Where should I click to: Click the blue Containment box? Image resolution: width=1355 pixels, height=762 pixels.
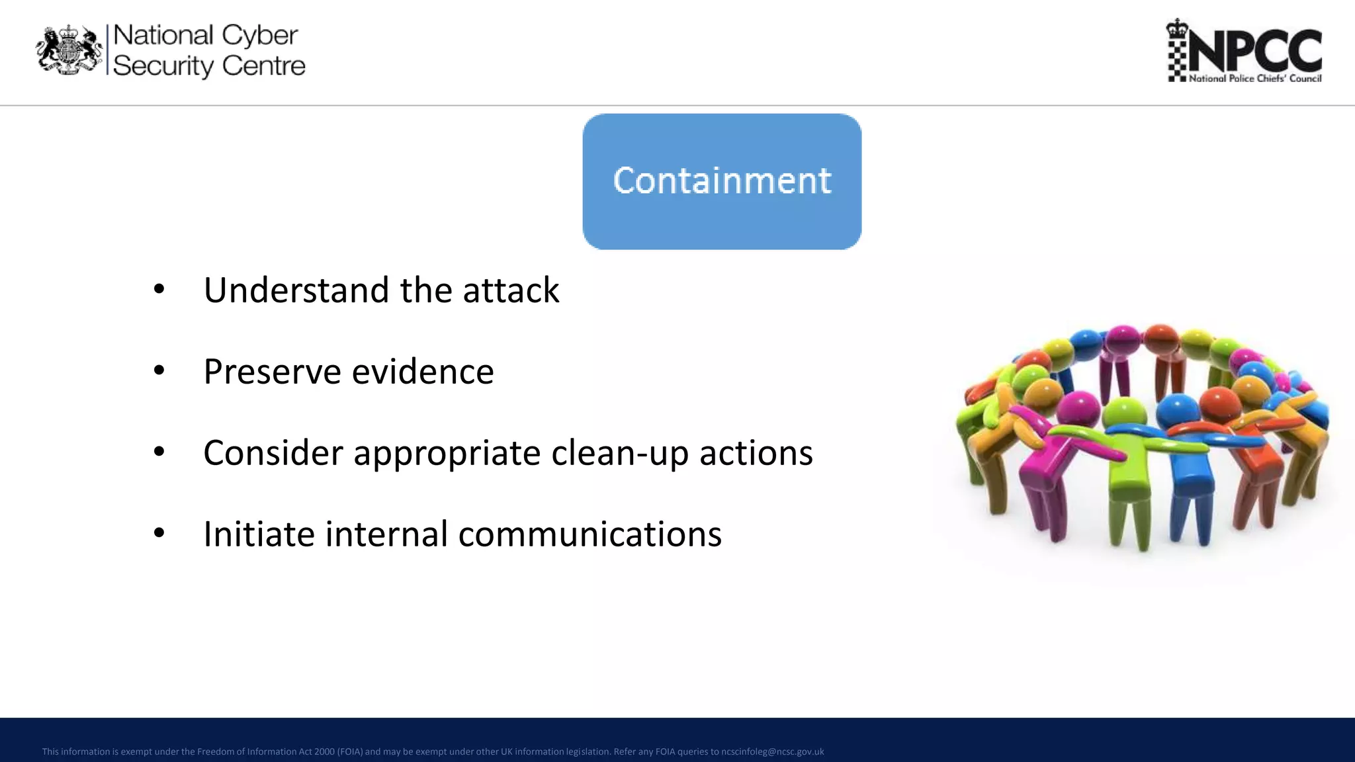721,181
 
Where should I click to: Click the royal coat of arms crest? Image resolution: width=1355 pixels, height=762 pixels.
69,50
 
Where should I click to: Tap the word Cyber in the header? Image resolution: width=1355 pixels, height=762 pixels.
259,36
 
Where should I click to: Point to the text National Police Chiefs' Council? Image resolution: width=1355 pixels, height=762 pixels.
1254,79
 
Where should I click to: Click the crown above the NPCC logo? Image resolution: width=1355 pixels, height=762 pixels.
1177,28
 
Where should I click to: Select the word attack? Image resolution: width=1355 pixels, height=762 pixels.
511,290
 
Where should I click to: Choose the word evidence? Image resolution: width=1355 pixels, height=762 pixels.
423,372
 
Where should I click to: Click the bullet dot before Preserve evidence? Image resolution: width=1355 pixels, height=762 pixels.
159,370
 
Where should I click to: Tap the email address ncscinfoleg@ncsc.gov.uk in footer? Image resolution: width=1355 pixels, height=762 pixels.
772,751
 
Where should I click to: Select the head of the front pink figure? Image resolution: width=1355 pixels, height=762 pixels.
1079,407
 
